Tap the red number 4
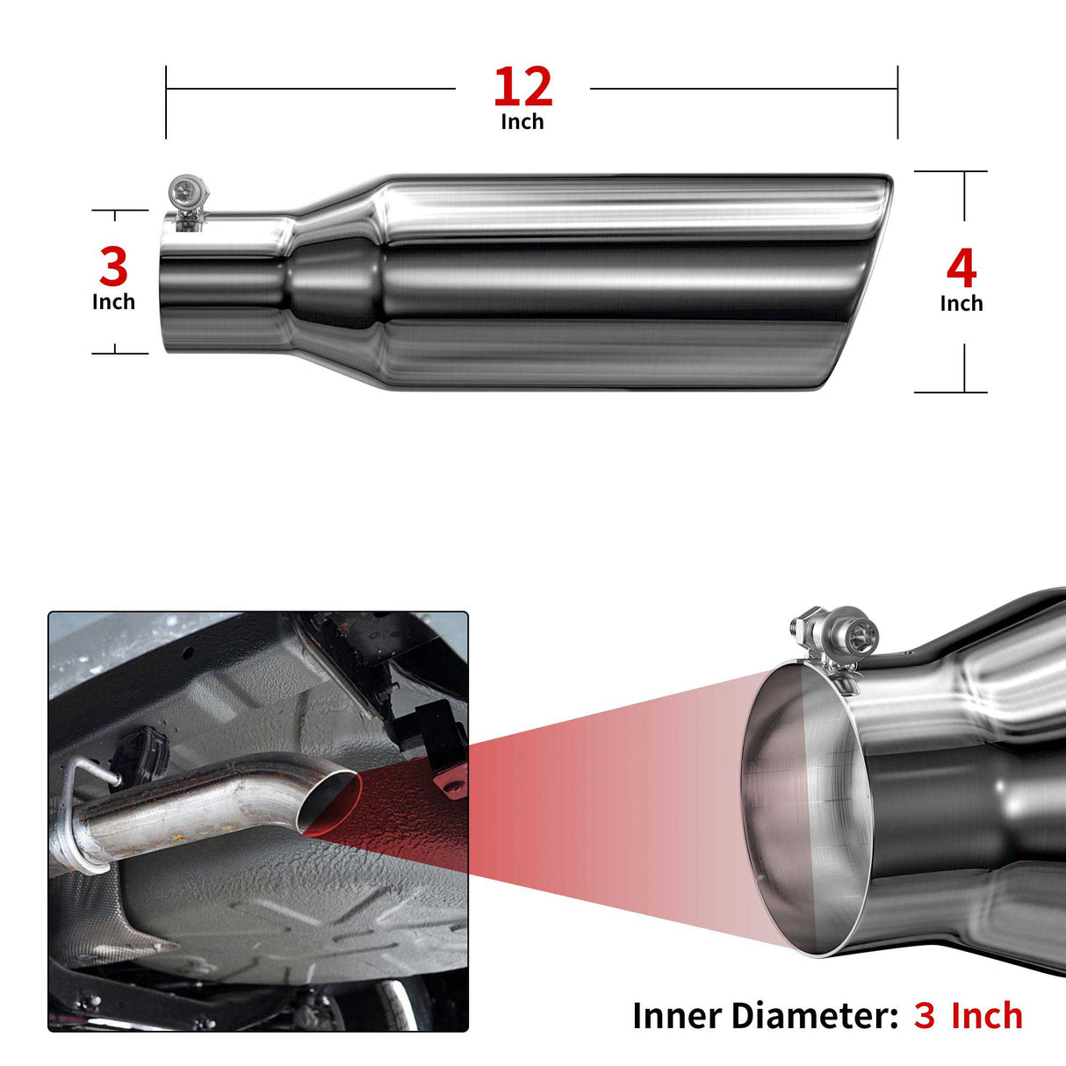[x=962, y=269]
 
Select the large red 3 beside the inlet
[x=114, y=266]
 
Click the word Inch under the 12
[x=522, y=122]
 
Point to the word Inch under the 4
[x=962, y=303]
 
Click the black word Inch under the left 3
[x=113, y=301]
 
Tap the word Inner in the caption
[x=676, y=1016]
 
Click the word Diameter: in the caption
[x=815, y=1016]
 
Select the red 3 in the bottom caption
[x=924, y=1016]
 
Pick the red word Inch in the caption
[x=987, y=1016]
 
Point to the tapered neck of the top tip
[x=337, y=282]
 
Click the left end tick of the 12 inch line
[x=166, y=102]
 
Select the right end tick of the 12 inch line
[x=897, y=102]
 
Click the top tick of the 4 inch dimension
[x=950, y=171]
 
